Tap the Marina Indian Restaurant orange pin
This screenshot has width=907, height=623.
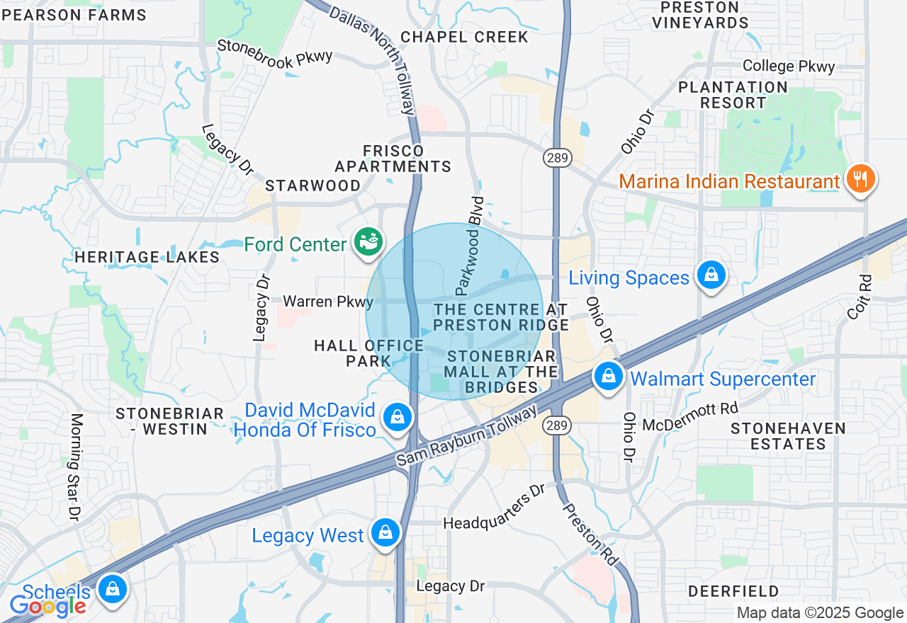pyautogui.click(x=860, y=178)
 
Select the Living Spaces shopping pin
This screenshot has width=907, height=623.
pyautogui.click(x=711, y=275)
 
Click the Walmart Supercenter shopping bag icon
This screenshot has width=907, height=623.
pyautogui.click(x=608, y=377)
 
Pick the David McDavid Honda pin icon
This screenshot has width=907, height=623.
pyautogui.click(x=398, y=418)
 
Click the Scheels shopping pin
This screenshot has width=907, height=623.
pyautogui.click(x=112, y=589)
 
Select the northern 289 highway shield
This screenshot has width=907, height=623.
pyautogui.click(x=558, y=158)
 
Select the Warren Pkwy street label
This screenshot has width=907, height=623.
pyautogui.click(x=328, y=302)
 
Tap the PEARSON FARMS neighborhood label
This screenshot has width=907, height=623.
pyautogui.click(x=73, y=14)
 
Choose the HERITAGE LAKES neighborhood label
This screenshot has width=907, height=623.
pyautogui.click(x=147, y=257)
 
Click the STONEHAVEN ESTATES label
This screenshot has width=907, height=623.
pyautogui.click(x=788, y=436)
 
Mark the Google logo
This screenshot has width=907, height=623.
pyautogui.click(x=47, y=606)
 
